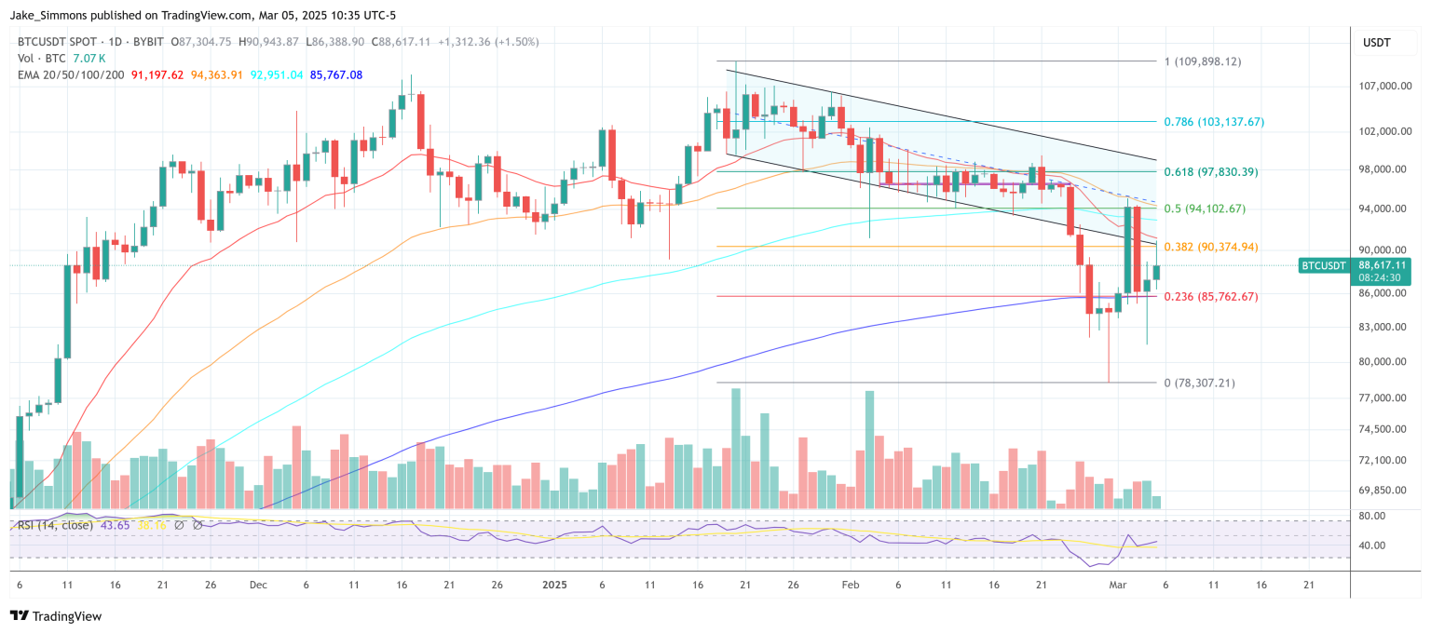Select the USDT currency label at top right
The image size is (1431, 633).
[1376, 42]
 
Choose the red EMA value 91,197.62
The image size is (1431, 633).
[157, 74]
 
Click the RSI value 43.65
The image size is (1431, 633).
[115, 525]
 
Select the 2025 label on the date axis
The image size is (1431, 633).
[553, 585]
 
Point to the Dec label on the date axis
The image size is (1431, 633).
[258, 585]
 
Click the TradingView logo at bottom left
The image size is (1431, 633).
[55, 616]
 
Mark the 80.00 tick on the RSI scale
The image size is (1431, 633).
[1372, 516]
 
